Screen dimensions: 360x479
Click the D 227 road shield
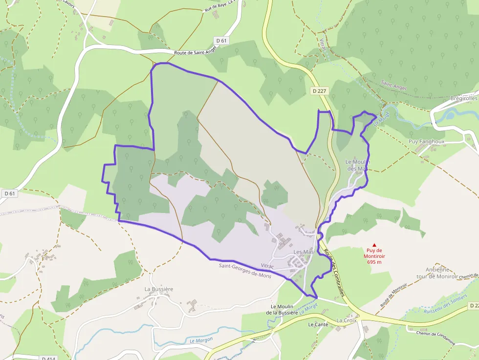[318, 90]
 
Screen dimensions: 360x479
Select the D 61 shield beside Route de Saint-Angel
[221, 41]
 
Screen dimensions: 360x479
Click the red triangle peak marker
[375, 245]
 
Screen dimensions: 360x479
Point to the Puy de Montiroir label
[374, 255]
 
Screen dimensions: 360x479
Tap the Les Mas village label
[303, 252]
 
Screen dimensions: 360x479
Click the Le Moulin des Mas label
[358, 165]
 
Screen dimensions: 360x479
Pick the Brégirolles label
[463, 98]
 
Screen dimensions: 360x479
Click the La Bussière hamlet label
[158, 289]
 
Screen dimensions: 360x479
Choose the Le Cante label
[318, 324]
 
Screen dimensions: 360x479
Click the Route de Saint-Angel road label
[195, 52]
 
